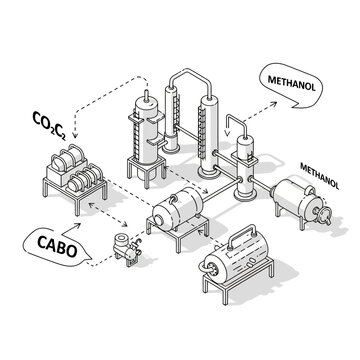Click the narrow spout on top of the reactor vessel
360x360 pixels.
147,101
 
